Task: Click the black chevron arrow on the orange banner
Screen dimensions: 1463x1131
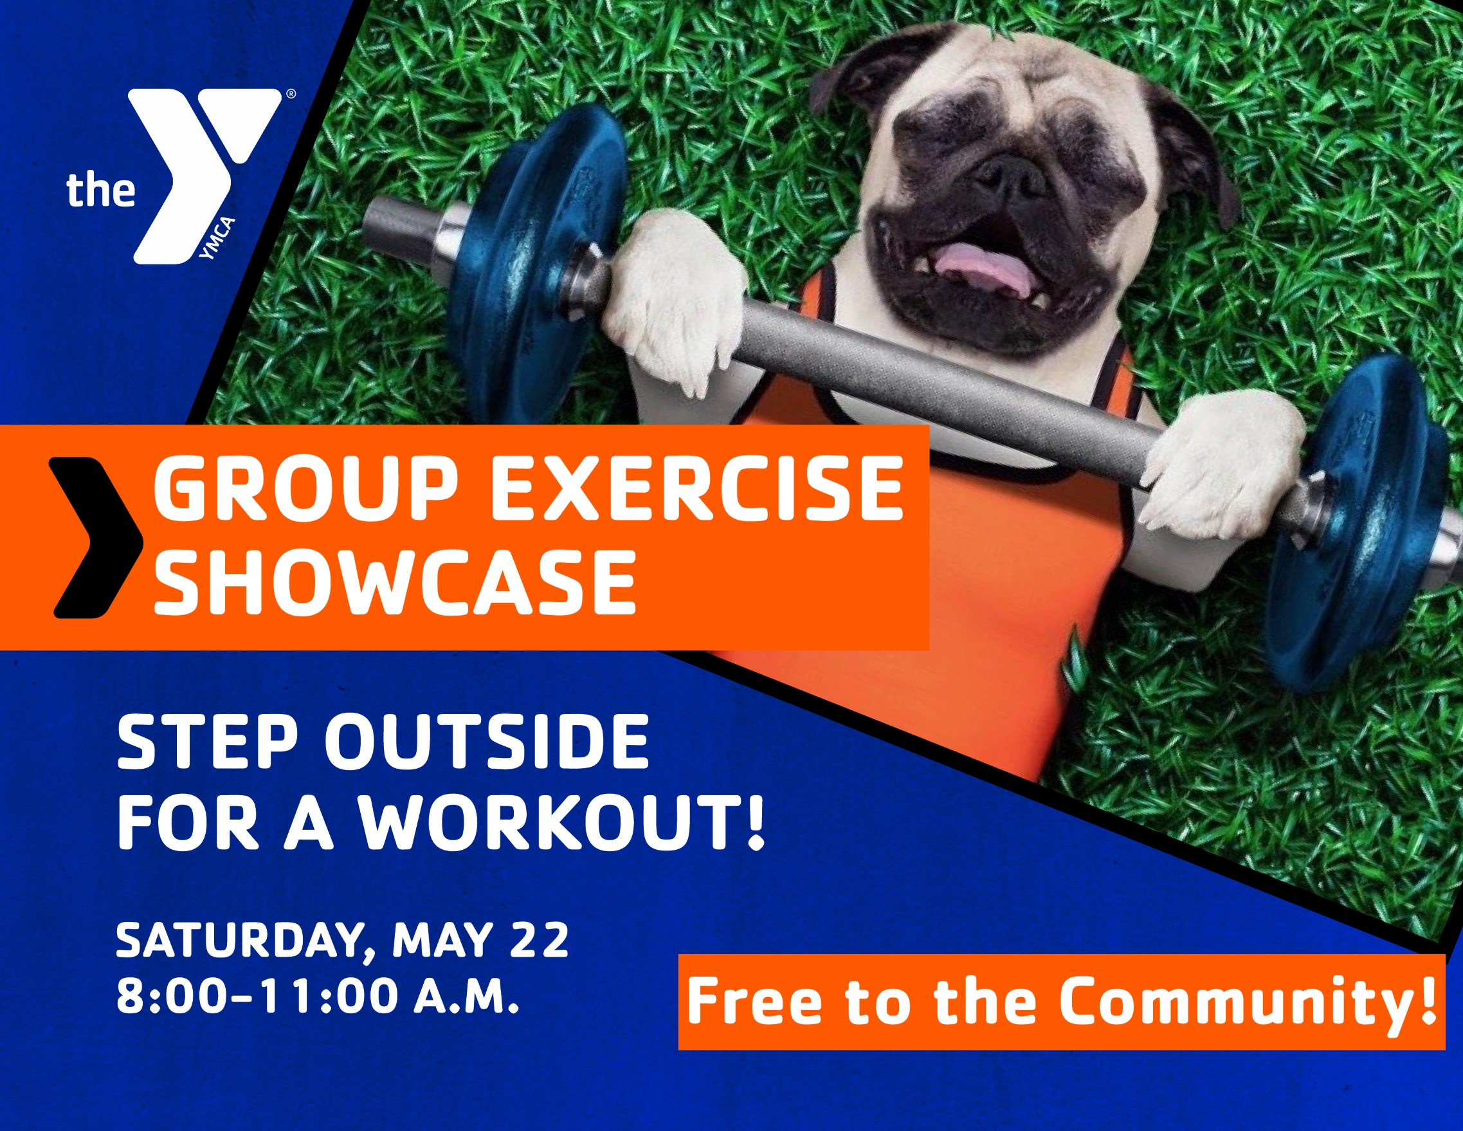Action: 97,537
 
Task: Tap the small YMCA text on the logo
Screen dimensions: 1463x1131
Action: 219,239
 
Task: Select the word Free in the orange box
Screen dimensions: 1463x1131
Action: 754,1001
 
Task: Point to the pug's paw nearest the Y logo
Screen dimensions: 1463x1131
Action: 677,302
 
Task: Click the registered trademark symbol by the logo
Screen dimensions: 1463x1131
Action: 291,95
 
